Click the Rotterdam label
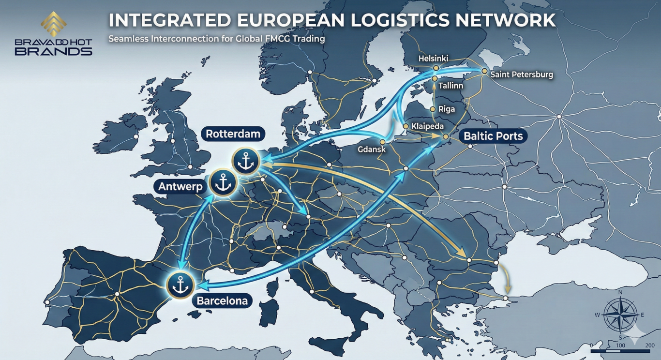[233, 134]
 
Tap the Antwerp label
[180, 186]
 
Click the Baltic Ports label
[493, 136]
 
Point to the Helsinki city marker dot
[436, 68]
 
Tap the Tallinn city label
[451, 86]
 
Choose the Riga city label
[446, 109]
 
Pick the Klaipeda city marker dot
[406, 126]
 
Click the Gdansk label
[372, 150]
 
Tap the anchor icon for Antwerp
[223, 183]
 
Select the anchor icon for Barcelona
[180, 285]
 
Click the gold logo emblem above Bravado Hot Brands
[53, 24]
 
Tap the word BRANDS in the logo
[53, 51]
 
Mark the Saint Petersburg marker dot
[484, 71]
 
